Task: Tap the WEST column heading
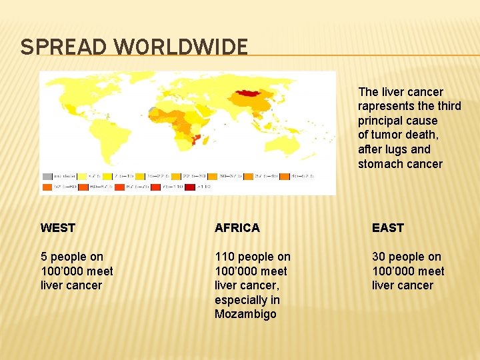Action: (x=58, y=228)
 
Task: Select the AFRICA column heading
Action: (x=237, y=228)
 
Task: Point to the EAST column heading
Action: (x=388, y=228)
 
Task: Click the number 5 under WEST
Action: (x=44, y=257)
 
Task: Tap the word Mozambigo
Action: (x=245, y=314)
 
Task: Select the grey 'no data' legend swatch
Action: (x=47, y=177)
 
